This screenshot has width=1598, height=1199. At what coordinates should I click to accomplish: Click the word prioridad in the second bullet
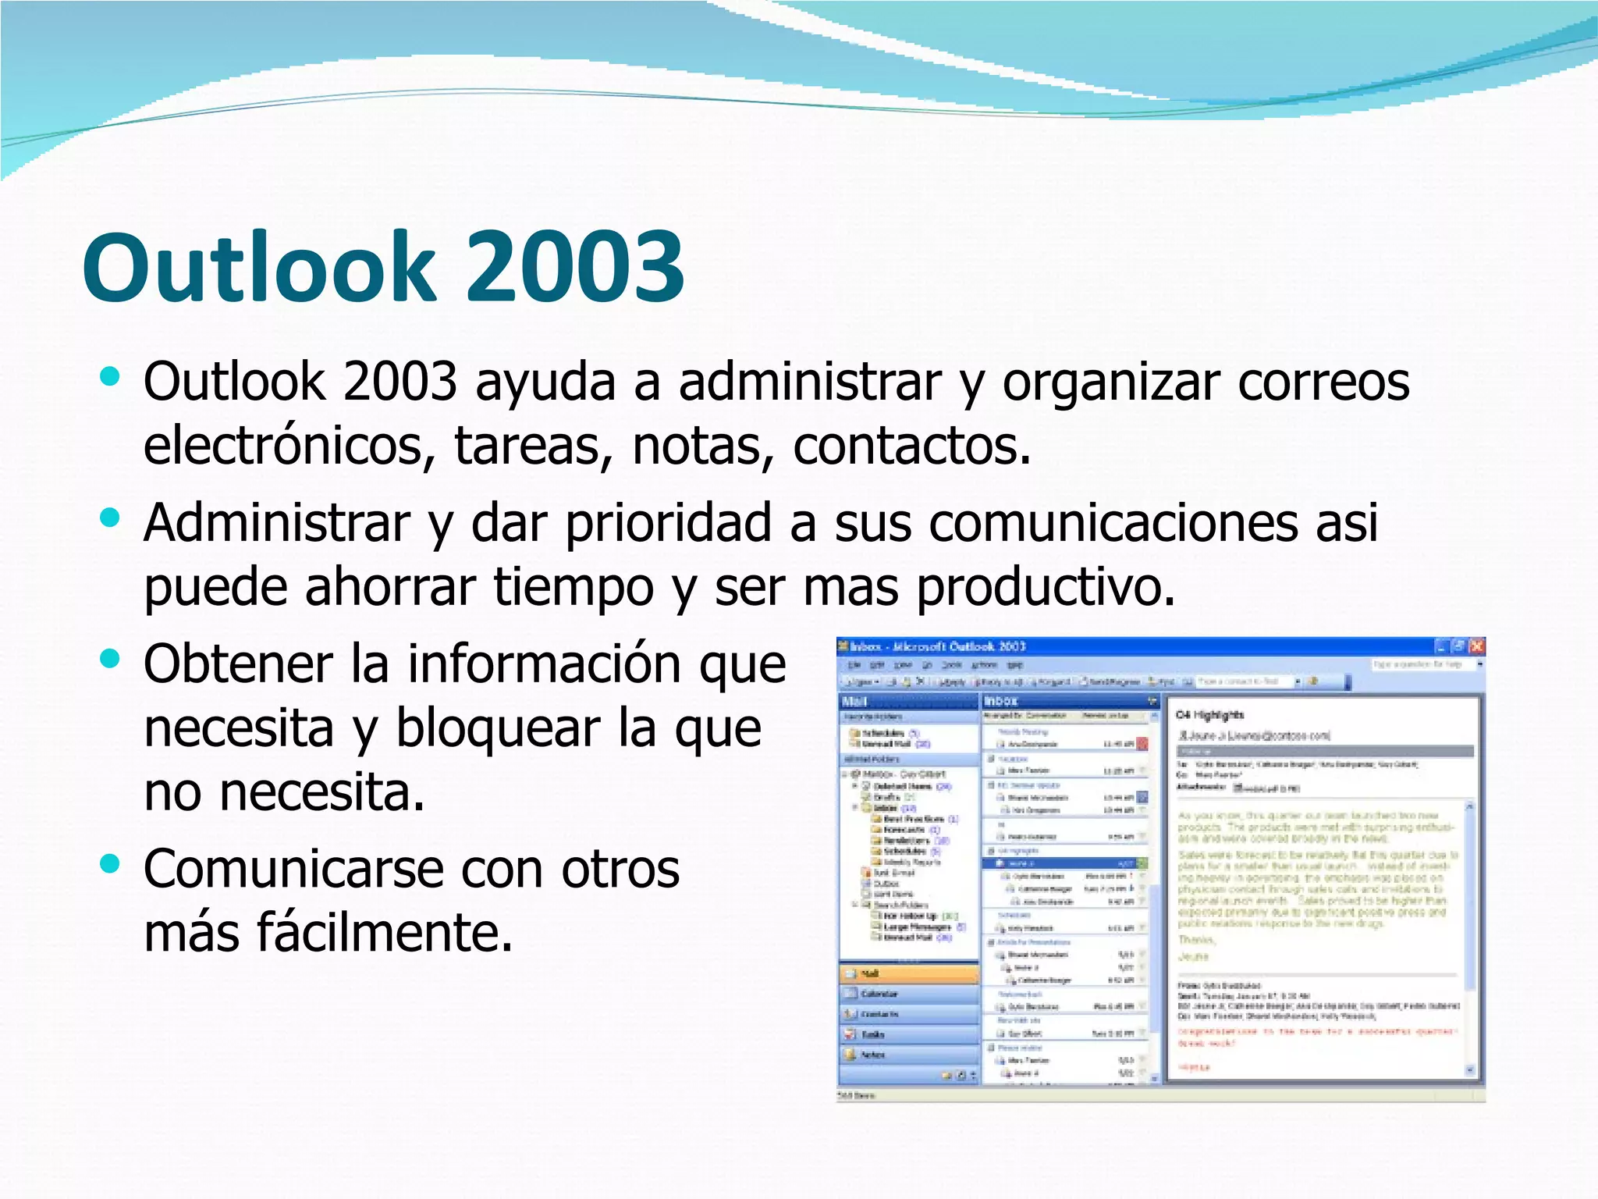[668, 523]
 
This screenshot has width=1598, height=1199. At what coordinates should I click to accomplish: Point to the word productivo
[1046, 587]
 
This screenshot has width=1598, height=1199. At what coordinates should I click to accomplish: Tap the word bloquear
[499, 728]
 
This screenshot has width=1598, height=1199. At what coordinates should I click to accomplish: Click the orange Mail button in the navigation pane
[909, 973]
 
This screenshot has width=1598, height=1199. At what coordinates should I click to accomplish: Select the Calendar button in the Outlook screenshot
[909, 994]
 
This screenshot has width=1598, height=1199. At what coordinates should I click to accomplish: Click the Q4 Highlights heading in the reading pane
[1209, 715]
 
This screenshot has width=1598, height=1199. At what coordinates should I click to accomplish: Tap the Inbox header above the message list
[1002, 701]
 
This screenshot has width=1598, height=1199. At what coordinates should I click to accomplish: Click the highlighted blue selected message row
[1064, 864]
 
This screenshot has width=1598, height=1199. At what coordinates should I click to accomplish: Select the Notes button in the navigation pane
[909, 1055]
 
